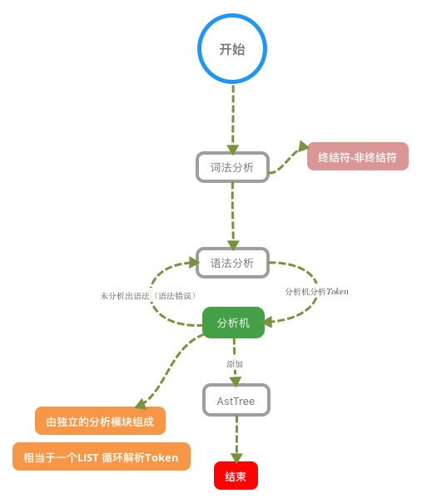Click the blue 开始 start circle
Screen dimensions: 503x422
point(232,48)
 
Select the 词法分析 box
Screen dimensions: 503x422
point(232,167)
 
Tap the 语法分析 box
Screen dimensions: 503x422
point(232,263)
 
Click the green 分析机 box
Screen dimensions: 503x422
point(233,323)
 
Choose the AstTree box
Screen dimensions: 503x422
point(236,401)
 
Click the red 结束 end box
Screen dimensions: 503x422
point(236,476)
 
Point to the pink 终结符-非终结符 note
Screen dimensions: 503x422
point(358,156)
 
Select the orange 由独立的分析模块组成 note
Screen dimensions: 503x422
point(100,421)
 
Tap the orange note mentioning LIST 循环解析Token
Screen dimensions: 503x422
point(102,456)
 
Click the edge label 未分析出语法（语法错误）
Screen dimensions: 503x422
point(149,295)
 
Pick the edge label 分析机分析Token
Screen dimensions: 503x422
point(316,291)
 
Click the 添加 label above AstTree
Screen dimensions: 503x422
point(235,363)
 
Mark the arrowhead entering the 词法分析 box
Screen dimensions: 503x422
point(233,150)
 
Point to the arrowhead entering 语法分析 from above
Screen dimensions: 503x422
point(233,245)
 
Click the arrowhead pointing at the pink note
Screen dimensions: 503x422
point(304,146)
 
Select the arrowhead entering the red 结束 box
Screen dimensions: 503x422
point(236,458)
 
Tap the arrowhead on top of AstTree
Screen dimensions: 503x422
point(236,382)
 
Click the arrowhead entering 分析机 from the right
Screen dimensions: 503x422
point(268,321)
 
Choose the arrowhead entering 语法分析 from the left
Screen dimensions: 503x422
point(194,263)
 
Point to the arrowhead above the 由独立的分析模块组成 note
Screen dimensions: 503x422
point(141,404)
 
